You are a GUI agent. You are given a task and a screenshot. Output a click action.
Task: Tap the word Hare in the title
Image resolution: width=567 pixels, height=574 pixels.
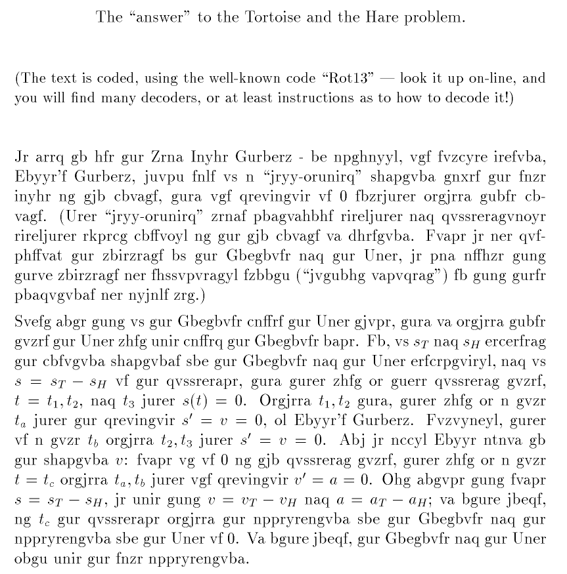[x=365, y=17]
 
